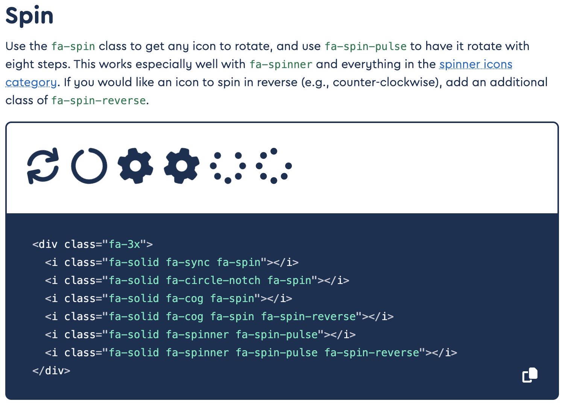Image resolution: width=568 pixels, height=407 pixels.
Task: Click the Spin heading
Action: point(29,16)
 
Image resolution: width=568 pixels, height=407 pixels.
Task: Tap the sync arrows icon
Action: point(43,166)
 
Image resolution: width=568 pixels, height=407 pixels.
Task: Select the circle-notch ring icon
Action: point(89,166)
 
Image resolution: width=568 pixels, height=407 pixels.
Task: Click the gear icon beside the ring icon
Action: point(135,166)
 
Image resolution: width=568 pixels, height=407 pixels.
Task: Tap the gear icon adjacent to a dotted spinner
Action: point(182,166)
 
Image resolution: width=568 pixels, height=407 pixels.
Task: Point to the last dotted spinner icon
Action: point(274,166)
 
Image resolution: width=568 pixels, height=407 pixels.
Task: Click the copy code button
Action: point(530,375)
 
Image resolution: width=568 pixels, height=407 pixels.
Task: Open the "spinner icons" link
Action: point(475,64)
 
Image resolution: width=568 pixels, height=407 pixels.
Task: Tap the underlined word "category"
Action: point(31,82)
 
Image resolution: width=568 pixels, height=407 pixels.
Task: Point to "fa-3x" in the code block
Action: point(125,245)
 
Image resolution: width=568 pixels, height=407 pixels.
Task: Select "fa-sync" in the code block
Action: point(188,263)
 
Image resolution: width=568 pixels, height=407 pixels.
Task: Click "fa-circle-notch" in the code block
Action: point(213,281)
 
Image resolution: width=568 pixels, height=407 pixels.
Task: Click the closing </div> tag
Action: point(51,371)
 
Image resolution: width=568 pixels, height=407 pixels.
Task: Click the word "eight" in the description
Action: point(18,64)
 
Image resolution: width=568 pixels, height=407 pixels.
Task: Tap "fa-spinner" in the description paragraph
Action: point(281,64)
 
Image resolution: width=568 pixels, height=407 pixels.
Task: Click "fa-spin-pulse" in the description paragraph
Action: point(365,46)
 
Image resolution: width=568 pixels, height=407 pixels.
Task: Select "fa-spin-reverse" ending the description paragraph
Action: point(99,100)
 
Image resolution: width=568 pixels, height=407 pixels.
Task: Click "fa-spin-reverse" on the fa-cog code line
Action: point(308,317)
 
